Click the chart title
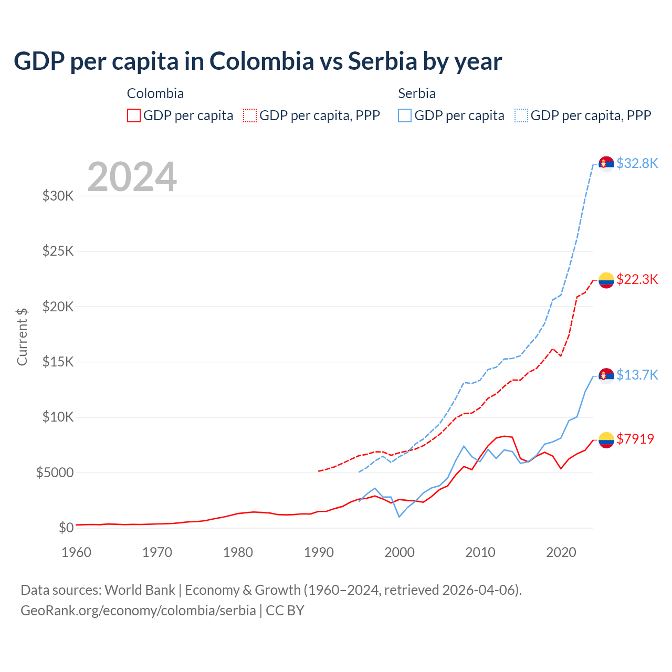(x=258, y=61)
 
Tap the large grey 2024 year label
(x=132, y=177)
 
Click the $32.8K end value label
(x=637, y=163)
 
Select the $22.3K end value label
(x=637, y=279)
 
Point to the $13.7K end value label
(x=637, y=375)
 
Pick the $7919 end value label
(x=635, y=439)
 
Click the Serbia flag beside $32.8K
(x=606, y=164)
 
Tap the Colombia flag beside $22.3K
(x=606, y=280)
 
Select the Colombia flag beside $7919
(x=606, y=440)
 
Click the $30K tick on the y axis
(x=58, y=196)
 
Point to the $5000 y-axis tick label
(x=55, y=472)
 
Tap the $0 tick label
(x=66, y=528)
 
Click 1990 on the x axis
(x=319, y=552)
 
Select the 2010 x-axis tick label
(x=480, y=552)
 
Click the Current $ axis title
(x=22, y=337)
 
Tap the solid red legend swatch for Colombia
(x=134, y=115)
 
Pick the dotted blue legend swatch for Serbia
(x=521, y=115)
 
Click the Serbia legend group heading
(x=417, y=93)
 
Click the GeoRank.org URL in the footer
(x=138, y=611)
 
